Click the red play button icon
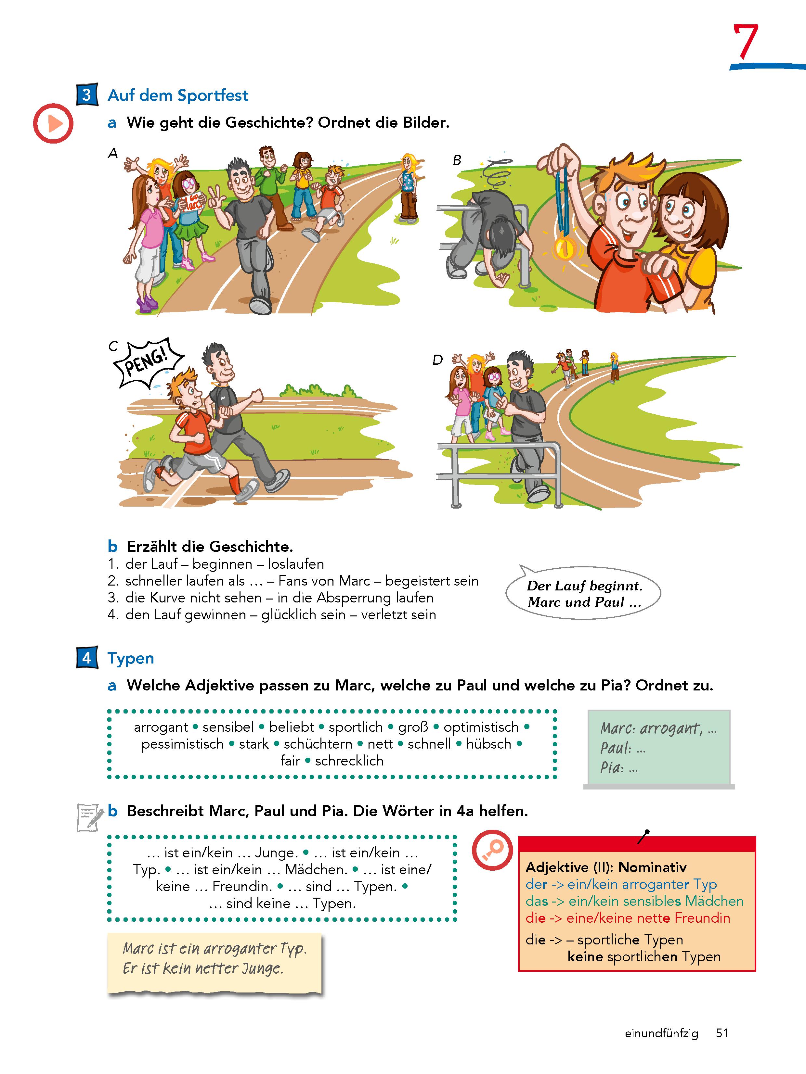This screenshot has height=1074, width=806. pyautogui.click(x=53, y=123)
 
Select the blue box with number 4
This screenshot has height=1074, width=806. pyautogui.click(x=87, y=657)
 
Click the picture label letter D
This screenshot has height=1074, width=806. pyautogui.click(x=438, y=360)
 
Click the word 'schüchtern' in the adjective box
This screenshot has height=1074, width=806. pyautogui.click(x=318, y=744)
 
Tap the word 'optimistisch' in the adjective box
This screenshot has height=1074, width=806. pyautogui.click(x=481, y=727)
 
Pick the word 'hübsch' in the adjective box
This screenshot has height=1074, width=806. pyautogui.click(x=489, y=744)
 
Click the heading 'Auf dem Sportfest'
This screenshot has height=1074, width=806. pyautogui.click(x=178, y=95)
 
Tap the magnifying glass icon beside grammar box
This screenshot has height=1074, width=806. pyautogui.click(x=492, y=849)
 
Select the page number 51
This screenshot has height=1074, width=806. pyautogui.click(x=722, y=1033)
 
